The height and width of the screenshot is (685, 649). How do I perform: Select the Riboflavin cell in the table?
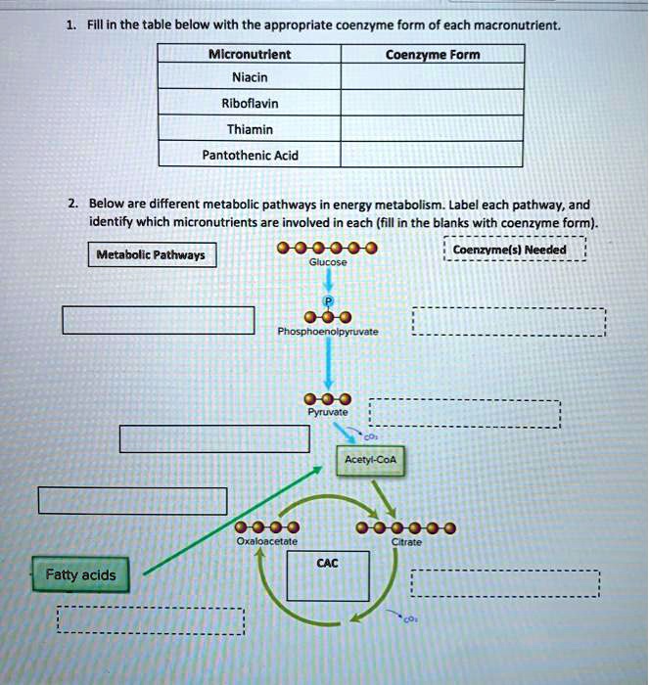[x=251, y=102]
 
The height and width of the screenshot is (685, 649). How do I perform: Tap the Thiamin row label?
[x=251, y=128]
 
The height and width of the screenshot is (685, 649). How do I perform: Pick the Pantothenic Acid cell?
[x=251, y=155]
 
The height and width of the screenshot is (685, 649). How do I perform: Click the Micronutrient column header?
[x=251, y=55]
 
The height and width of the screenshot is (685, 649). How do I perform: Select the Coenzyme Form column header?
[x=432, y=55]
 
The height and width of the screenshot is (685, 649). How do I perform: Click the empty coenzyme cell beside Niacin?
[x=432, y=76]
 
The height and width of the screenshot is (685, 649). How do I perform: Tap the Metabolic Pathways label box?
[x=150, y=255]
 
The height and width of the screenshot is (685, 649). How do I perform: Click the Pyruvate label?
[x=322, y=414]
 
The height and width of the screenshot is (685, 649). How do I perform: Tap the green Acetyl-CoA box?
[x=364, y=460]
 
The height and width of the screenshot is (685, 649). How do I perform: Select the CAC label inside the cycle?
[x=328, y=562]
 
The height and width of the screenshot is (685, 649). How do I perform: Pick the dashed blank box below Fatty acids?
[x=150, y=620]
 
